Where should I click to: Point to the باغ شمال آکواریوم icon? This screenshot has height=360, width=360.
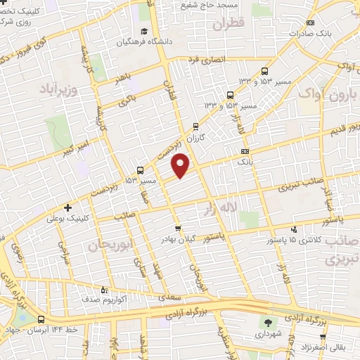point(105,289)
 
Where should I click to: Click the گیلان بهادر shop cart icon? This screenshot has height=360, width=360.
point(178,228)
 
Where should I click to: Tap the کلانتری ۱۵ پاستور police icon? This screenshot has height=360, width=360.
point(295,228)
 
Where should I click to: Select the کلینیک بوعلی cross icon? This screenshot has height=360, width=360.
point(67,208)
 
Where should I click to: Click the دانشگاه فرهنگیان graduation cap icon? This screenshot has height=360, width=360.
point(143,32)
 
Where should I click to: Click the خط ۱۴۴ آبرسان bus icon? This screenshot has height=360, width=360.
point(41,319)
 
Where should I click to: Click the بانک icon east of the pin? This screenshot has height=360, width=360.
point(244,151)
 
